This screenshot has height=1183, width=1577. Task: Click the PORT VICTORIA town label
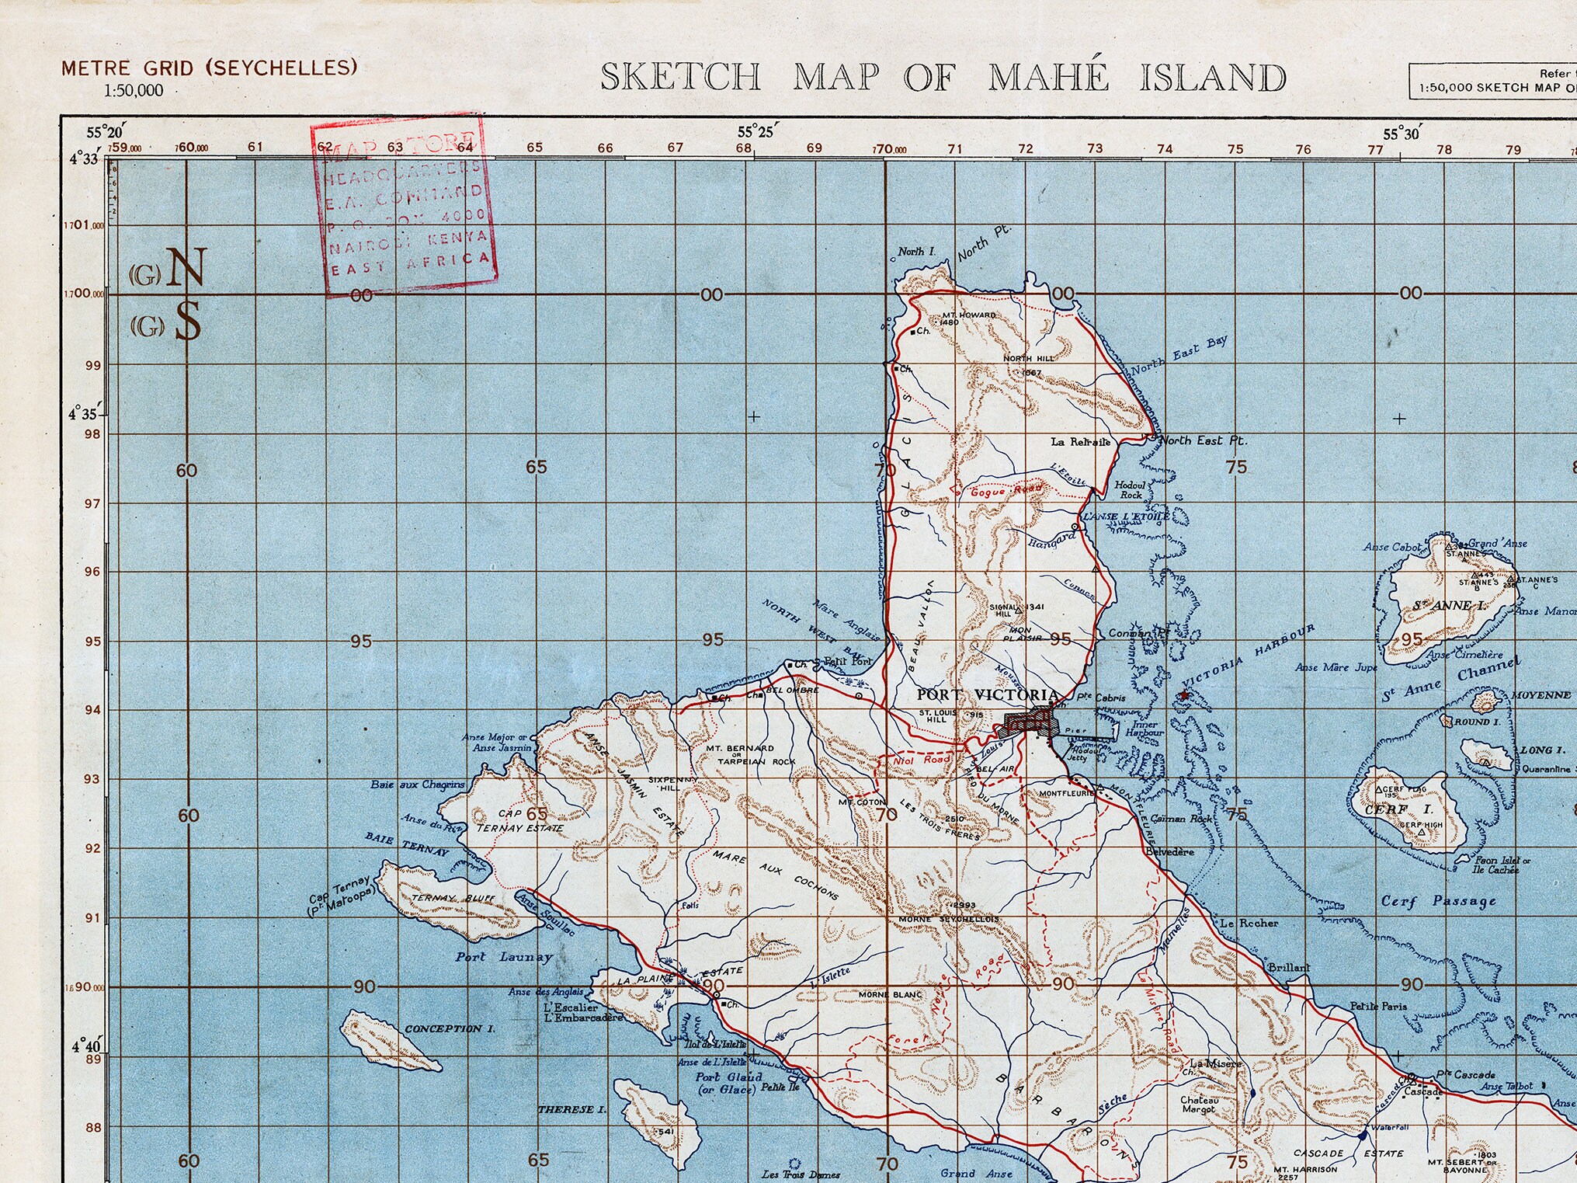(988, 695)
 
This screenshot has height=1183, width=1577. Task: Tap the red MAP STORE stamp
(403, 206)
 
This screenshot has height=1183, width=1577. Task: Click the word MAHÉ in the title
(1048, 78)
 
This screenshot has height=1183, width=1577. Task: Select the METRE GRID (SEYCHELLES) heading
(210, 68)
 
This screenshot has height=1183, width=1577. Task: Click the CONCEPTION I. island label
(450, 1028)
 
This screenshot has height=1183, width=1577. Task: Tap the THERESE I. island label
(572, 1109)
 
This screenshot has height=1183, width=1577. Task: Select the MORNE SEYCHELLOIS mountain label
(949, 920)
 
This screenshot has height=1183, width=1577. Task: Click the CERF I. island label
(1387, 810)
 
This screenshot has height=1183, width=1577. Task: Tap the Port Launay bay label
(504, 957)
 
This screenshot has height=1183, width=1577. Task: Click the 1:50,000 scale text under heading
(134, 91)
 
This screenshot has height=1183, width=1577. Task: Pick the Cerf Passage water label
(1438, 901)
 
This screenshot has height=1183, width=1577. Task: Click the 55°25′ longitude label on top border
(755, 132)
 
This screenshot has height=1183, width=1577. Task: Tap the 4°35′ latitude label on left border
(84, 414)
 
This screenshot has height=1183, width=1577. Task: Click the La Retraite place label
(1080, 442)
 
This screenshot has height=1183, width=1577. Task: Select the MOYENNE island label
(1541, 695)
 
